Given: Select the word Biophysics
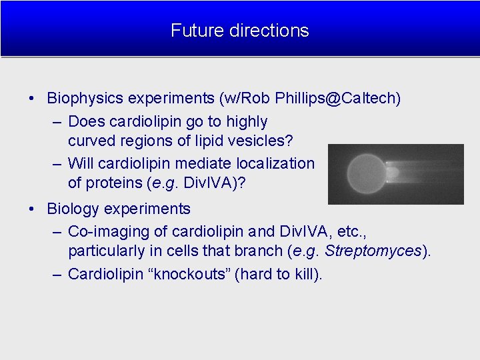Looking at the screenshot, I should [x=85, y=99].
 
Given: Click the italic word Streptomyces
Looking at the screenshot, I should [x=373, y=251].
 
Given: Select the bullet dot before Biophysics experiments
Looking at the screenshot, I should [x=33, y=99].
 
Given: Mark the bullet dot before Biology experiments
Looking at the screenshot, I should [x=33, y=209].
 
